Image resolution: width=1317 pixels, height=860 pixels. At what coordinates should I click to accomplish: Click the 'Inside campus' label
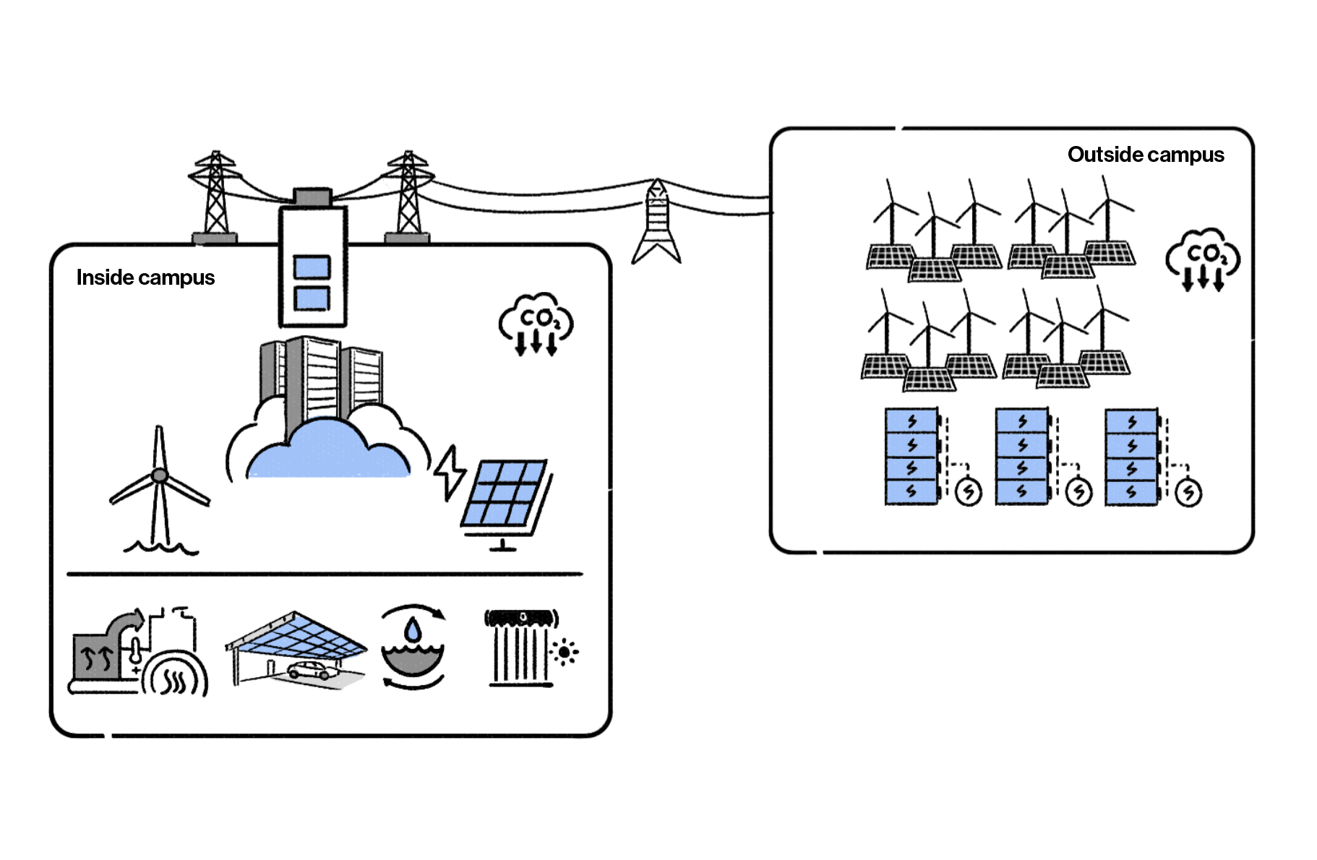click(145, 278)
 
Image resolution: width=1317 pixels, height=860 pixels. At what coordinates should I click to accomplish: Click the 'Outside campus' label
click(1145, 155)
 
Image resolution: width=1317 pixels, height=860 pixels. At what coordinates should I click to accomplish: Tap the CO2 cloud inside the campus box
click(536, 322)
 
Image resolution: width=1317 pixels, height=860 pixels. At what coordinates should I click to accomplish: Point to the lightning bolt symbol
click(450, 471)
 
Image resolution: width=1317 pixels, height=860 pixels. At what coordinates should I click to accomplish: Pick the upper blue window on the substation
click(312, 267)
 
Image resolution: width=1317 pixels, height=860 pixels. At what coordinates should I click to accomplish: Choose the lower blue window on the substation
click(312, 298)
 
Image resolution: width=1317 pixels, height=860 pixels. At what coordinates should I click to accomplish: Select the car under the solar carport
click(313, 670)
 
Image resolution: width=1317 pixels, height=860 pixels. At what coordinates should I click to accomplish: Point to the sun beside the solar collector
click(565, 652)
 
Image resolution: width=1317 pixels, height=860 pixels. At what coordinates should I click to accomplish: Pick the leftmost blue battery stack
click(911, 456)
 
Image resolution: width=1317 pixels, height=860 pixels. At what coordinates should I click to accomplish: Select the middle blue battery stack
click(1021, 456)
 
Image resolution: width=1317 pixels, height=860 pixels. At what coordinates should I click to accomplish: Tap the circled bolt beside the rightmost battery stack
click(1188, 493)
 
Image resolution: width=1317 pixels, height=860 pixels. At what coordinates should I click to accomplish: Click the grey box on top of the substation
click(312, 197)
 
